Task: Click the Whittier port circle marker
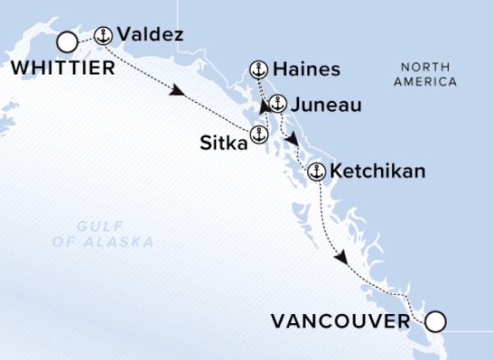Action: (x=67, y=42)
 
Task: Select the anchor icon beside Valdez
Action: (x=103, y=35)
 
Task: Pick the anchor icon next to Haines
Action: (x=259, y=70)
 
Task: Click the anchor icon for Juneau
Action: (x=277, y=104)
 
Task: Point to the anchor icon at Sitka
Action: (x=259, y=135)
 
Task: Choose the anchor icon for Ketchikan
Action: (x=316, y=173)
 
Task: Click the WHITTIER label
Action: (x=63, y=69)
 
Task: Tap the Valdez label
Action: (x=149, y=35)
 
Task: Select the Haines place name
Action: (x=307, y=70)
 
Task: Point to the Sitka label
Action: (x=223, y=144)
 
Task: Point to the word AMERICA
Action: (x=425, y=81)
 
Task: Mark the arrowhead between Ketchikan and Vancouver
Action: (x=341, y=258)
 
